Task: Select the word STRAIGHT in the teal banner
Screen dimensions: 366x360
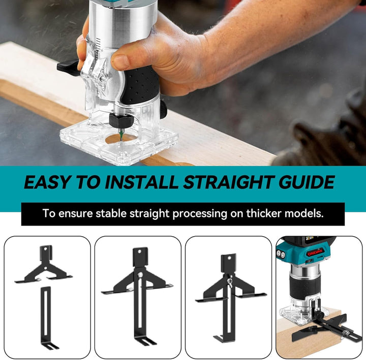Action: coord(229,182)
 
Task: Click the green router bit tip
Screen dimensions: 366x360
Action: coord(121,135)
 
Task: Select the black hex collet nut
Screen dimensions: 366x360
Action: coord(121,120)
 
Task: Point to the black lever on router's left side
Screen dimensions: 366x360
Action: coord(68,67)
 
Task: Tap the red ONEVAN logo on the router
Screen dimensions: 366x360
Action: coord(315,252)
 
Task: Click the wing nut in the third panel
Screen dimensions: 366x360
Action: coord(229,278)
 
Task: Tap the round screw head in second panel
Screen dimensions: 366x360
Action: coord(140,274)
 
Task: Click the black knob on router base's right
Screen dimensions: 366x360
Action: coord(164,109)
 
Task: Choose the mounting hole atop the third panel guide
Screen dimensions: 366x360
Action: coord(229,258)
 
